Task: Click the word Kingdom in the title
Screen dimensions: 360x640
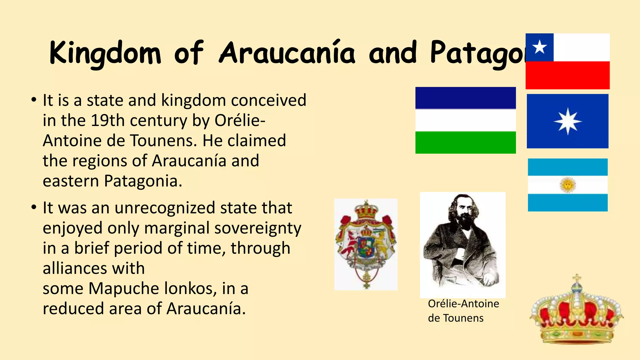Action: [x=105, y=53]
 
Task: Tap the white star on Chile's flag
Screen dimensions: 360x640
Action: [x=539, y=47]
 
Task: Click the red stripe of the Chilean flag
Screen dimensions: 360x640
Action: [x=567, y=75]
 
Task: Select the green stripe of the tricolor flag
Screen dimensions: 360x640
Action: [x=465, y=142]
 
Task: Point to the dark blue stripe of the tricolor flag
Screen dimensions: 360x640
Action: [x=465, y=98]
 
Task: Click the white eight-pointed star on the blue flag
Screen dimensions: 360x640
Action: [x=567, y=122]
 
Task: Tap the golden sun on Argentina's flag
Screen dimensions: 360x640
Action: [x=568, y=185]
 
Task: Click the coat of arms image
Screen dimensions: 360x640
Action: [x=366, y=244]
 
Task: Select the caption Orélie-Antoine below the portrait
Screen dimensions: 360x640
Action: [x=463, y=304]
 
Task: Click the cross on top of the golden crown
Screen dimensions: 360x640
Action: [x=577, y=278]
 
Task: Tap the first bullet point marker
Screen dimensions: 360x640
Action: [x=34, y=101]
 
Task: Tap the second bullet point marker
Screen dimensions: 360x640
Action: [x=34, y=208]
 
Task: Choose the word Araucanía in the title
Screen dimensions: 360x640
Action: [x=287, y=53]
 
